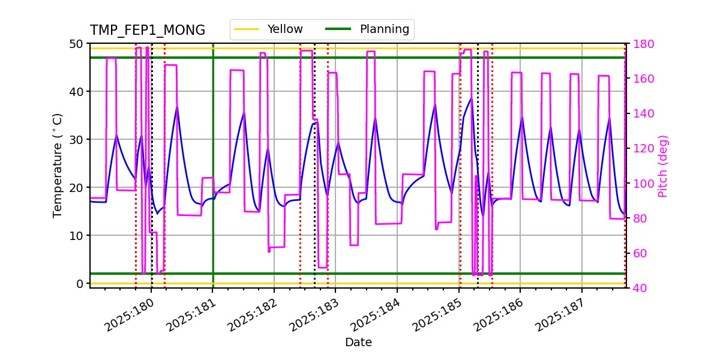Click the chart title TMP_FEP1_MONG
tap(147, 31)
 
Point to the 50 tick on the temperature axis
tap(77, 44)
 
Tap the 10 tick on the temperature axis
tap(77, 235)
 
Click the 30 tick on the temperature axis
tap(77, 140)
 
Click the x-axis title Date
tap(358, 343)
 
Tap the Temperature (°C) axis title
tap(58, 165)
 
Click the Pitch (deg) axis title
tap(663, 166)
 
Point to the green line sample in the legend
tap(338, 29)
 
